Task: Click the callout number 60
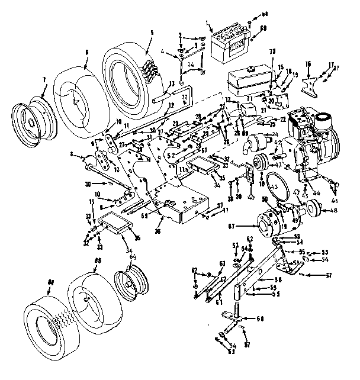click(259, 319)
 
